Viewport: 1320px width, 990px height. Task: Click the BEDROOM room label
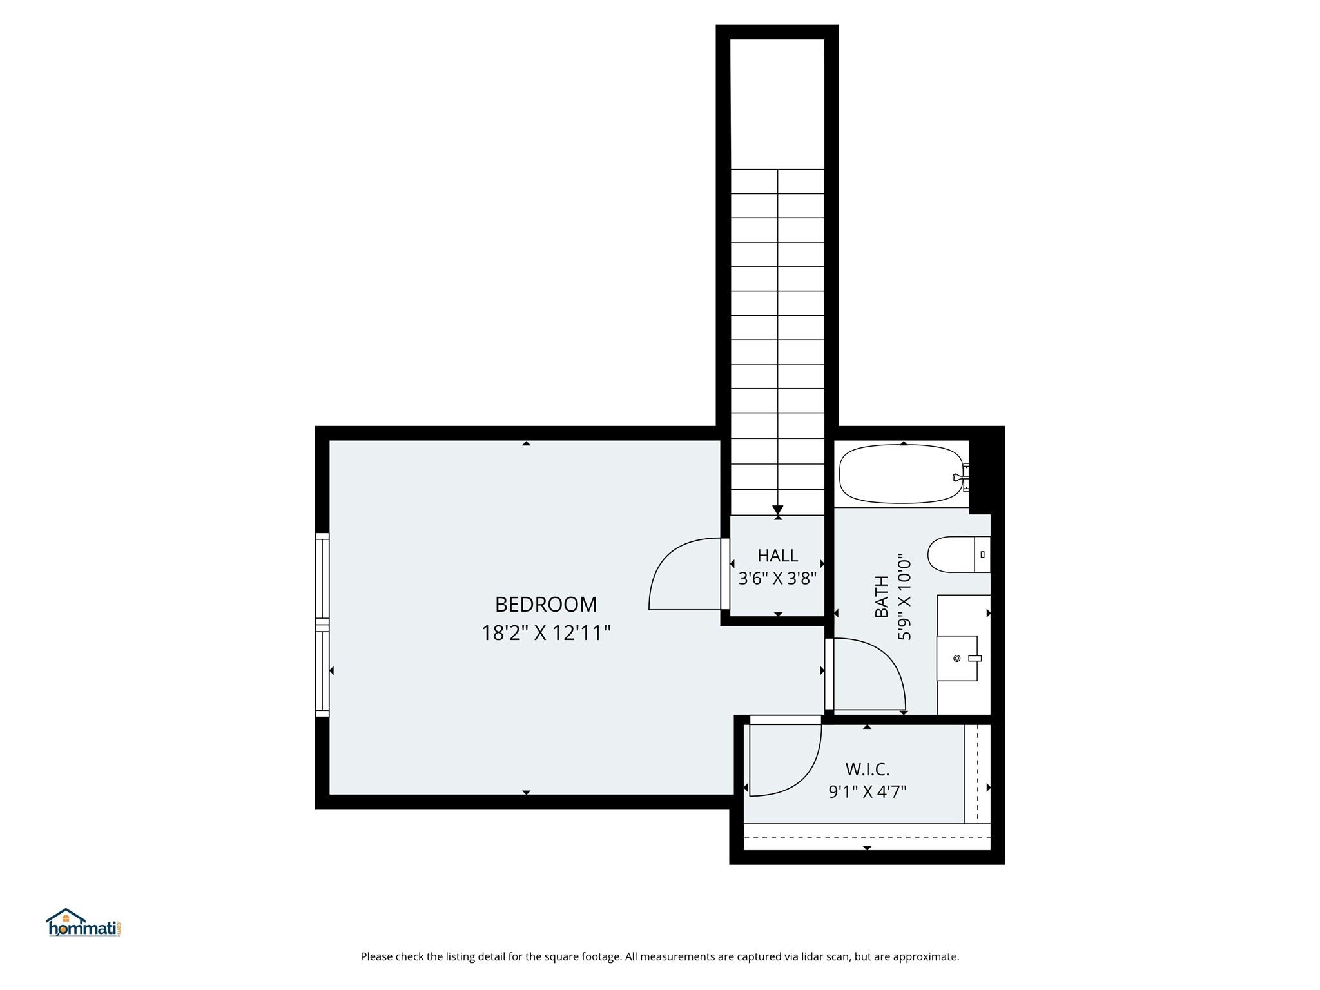[x=546, y=605]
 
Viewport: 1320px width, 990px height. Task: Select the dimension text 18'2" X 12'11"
[x=546, y=633]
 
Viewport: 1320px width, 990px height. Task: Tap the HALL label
[x=777, y=555]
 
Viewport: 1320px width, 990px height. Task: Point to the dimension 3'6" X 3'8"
[x=777, y=578]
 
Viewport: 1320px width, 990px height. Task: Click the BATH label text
[x=881, y=596]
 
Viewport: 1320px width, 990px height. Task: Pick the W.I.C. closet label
[x=867, y=769]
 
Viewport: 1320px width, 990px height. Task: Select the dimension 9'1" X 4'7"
[x=867, y=791]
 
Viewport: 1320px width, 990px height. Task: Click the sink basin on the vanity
[x=957, y=658]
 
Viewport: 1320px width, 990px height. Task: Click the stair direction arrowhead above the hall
[x=777, y=510]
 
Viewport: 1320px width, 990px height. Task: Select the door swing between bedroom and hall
[x=683, y=574]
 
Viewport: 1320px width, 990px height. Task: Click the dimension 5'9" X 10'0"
[x=904, y=596]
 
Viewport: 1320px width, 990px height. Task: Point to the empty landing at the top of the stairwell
[x=777, y=103]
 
